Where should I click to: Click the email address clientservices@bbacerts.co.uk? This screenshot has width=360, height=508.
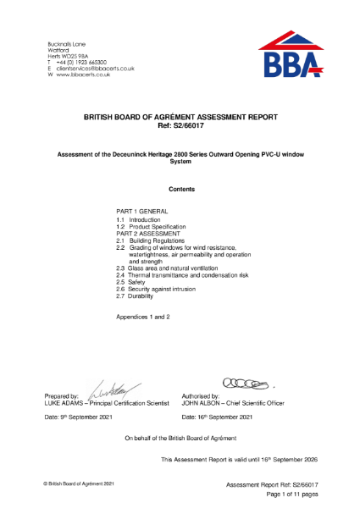(91, 67)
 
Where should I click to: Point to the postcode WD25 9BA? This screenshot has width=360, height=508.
(74, 55)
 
